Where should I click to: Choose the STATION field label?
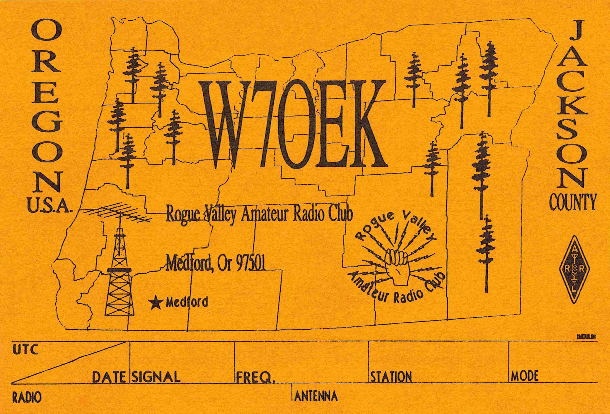point(391,377)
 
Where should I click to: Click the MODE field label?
point(524,376)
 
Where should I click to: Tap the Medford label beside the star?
point(187,303)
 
